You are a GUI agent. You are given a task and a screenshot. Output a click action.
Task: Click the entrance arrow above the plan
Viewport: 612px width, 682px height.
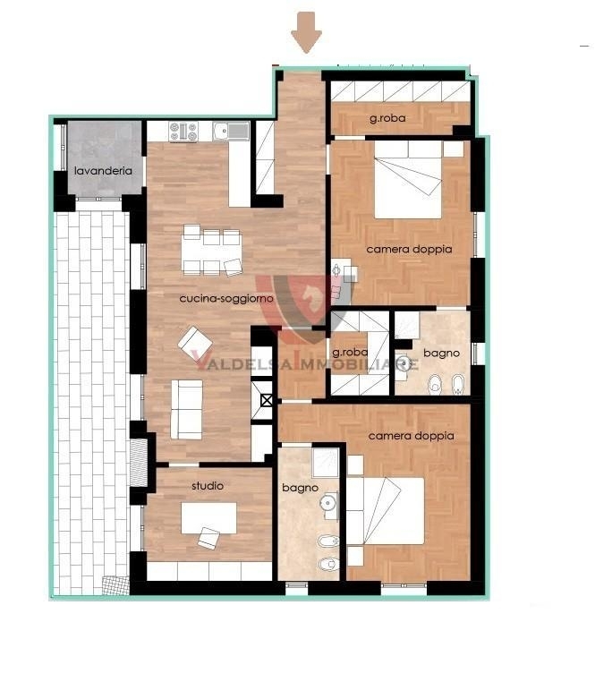click(x=306, y=32)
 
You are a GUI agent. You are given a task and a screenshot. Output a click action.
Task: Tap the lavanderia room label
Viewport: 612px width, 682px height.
click(x=103, y=171)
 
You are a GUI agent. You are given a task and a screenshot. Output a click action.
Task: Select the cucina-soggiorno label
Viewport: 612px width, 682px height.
click(x=226, y=298)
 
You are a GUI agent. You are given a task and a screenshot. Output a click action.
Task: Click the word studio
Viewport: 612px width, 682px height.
click(x=208, y=486)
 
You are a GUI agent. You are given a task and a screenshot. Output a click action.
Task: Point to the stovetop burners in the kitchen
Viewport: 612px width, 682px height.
click(x=183, y=132)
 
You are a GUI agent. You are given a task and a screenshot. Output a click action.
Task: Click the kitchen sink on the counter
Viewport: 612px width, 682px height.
click(x=231, y=130)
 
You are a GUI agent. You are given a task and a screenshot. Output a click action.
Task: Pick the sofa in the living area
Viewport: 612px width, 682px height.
click(x=186, y=409)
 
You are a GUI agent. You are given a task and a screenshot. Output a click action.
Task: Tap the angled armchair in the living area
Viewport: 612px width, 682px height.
click(x=194, y=343)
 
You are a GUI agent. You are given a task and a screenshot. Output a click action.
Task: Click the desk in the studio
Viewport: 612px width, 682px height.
click(x=208, y=517)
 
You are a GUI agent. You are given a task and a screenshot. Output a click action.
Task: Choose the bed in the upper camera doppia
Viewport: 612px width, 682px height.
click(x=408, y=180)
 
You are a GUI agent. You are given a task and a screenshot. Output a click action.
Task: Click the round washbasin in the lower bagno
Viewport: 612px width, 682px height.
click(x=327, y=502)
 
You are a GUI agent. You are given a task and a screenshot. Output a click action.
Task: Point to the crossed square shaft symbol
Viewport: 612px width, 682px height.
click(x=267, y=400)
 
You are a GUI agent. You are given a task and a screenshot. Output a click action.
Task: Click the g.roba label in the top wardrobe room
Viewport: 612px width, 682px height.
click(x=387, y=118)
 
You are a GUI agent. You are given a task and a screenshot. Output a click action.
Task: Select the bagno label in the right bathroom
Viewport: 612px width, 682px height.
click(x=441, y=354)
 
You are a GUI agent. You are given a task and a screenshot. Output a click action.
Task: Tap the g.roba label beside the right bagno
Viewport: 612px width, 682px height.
click(x=350, y=353)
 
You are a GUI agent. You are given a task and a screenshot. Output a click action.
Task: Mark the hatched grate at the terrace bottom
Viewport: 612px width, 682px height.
click(x=115, y=586)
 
